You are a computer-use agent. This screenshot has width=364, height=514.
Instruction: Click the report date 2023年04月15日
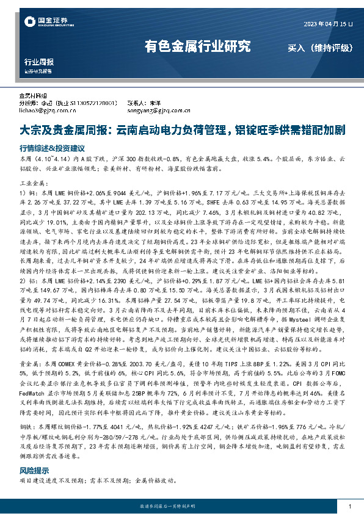[329, 23]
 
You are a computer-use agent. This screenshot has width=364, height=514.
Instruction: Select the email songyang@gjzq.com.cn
[155, 110]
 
